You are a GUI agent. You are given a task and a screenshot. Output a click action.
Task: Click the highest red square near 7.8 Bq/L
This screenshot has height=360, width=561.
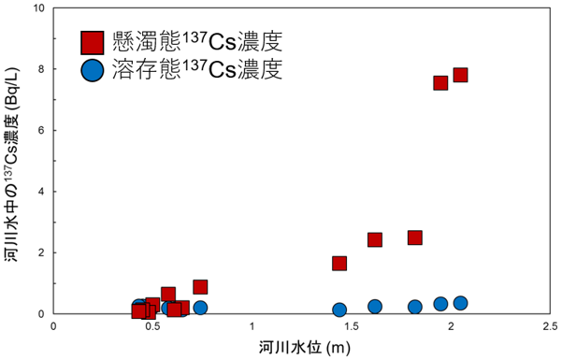460,75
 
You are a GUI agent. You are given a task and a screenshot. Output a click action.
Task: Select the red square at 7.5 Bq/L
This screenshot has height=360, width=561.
440,82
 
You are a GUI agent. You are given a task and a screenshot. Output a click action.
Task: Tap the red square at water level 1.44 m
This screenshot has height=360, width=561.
339,263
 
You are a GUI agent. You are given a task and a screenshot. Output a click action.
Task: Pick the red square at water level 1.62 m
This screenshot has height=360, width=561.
375,239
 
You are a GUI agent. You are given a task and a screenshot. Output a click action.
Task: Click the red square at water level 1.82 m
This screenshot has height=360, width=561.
415,238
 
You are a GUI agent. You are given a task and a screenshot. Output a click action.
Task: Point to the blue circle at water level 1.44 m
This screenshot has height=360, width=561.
339,310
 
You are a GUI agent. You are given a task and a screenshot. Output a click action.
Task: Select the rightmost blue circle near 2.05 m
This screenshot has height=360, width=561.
460,303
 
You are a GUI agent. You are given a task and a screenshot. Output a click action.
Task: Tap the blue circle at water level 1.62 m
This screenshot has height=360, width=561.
375,306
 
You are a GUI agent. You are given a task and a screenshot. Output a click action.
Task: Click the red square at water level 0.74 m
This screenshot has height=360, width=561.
200,286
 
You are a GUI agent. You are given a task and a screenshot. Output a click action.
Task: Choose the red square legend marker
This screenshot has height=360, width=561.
92,42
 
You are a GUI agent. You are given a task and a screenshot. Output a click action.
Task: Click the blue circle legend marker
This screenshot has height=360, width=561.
92,69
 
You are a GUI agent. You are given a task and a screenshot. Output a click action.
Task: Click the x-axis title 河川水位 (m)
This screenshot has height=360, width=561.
302,346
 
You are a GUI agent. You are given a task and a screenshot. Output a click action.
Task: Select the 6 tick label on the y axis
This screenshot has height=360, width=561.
42,130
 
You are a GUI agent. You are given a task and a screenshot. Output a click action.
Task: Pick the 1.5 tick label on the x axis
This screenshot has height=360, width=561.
351,326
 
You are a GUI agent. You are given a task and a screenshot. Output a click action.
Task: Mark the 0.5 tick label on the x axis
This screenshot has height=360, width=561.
153,326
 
